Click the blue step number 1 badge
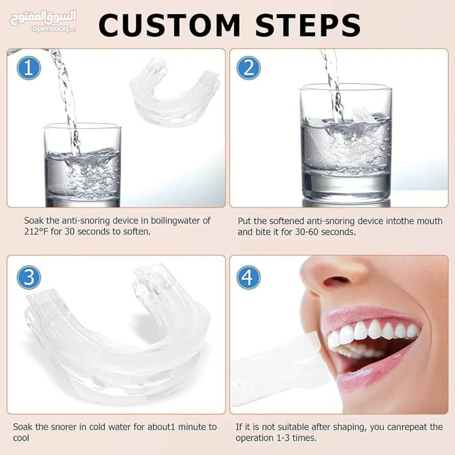tap(29, 68)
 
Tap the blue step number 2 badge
tap(248, 68)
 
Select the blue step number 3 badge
tap(29, 277)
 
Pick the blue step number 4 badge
tap(248, 277)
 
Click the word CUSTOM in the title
tap(169, 25)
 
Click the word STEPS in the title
tap(308, 25)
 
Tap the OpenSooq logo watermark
tap(43, 21)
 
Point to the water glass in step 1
tap(82, 165)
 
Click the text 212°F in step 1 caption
tap(36, 231)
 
